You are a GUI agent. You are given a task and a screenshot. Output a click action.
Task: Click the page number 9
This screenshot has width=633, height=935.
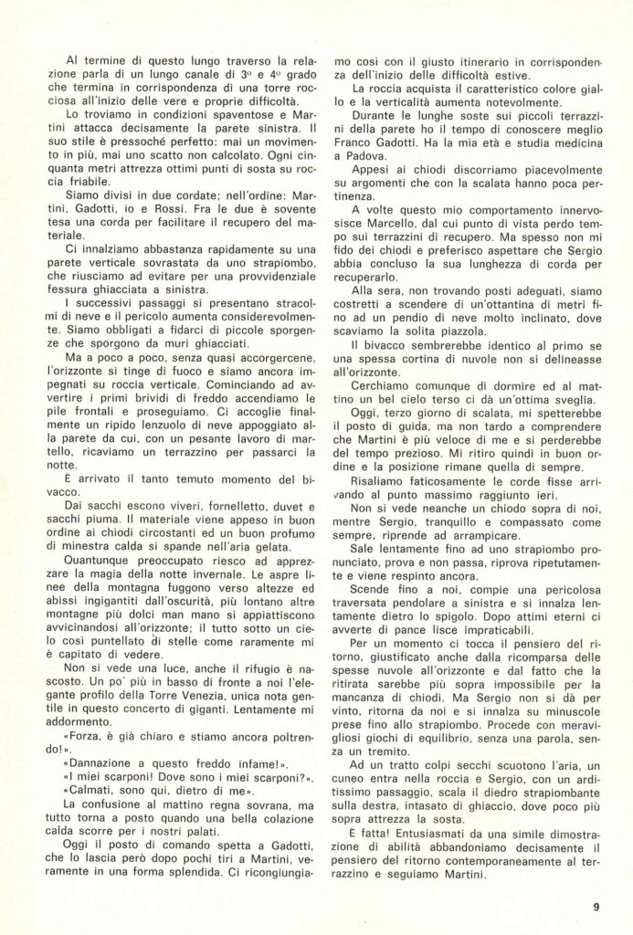click(x=595, y=907)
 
